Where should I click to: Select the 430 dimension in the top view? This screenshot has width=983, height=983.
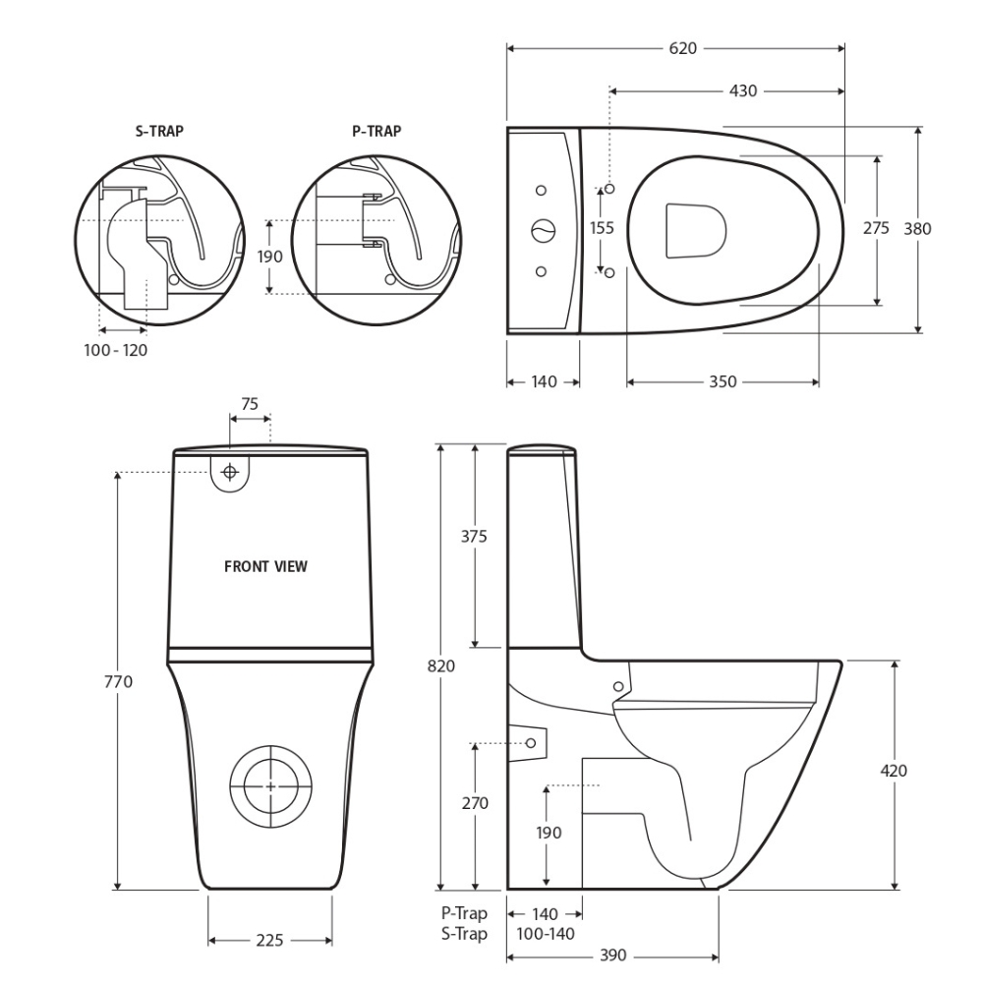click(x=742, y=90)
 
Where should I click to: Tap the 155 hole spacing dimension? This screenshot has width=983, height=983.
click(x=602, y=228)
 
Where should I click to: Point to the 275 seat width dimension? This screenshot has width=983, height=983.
click(x=876, y=228)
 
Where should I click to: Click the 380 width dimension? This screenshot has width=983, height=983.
click(x=917, y=228)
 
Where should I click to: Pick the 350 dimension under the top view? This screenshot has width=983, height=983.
click(x=723, y=381)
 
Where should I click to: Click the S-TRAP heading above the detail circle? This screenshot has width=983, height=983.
click(x=159, y=131)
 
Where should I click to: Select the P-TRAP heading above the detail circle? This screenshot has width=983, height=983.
click(x=376, y=131)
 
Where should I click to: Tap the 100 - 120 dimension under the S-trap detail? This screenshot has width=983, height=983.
click(x=115, y=350)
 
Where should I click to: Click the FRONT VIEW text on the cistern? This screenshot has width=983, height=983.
click(x=265, y=566)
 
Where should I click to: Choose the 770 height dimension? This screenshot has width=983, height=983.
click(x=118, y=681)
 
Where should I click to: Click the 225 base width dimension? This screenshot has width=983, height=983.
click(x=269, y=941)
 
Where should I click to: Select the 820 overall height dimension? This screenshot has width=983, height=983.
click(x=441, y=665)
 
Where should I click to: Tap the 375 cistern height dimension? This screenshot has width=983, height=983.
click(x=475, y=537)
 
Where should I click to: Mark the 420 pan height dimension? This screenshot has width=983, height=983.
click(x=894, y=770)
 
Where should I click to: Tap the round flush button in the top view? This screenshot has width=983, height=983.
click(x=543, y=231)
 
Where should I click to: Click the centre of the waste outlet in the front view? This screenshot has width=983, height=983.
click(x=269, y=785)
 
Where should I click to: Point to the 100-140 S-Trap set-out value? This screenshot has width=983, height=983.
click(x=542, y=934)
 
